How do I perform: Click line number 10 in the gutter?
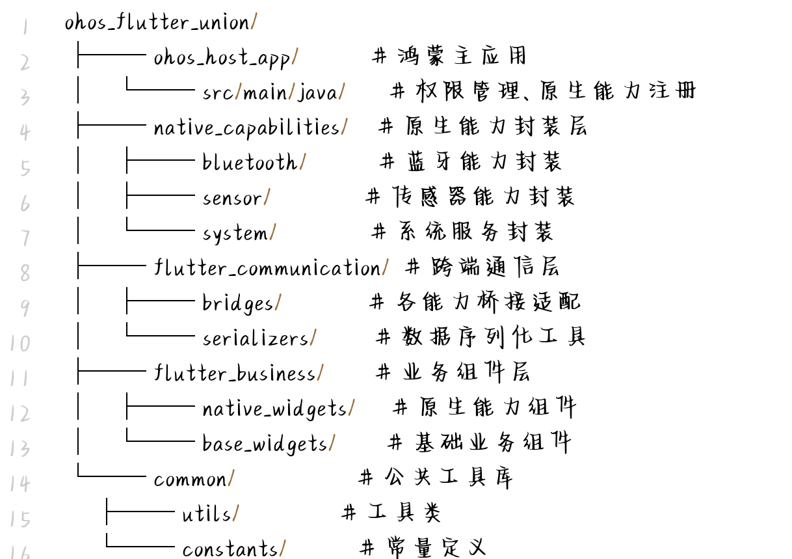tap(20, 343)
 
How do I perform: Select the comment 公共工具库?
tap(448, 478)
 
